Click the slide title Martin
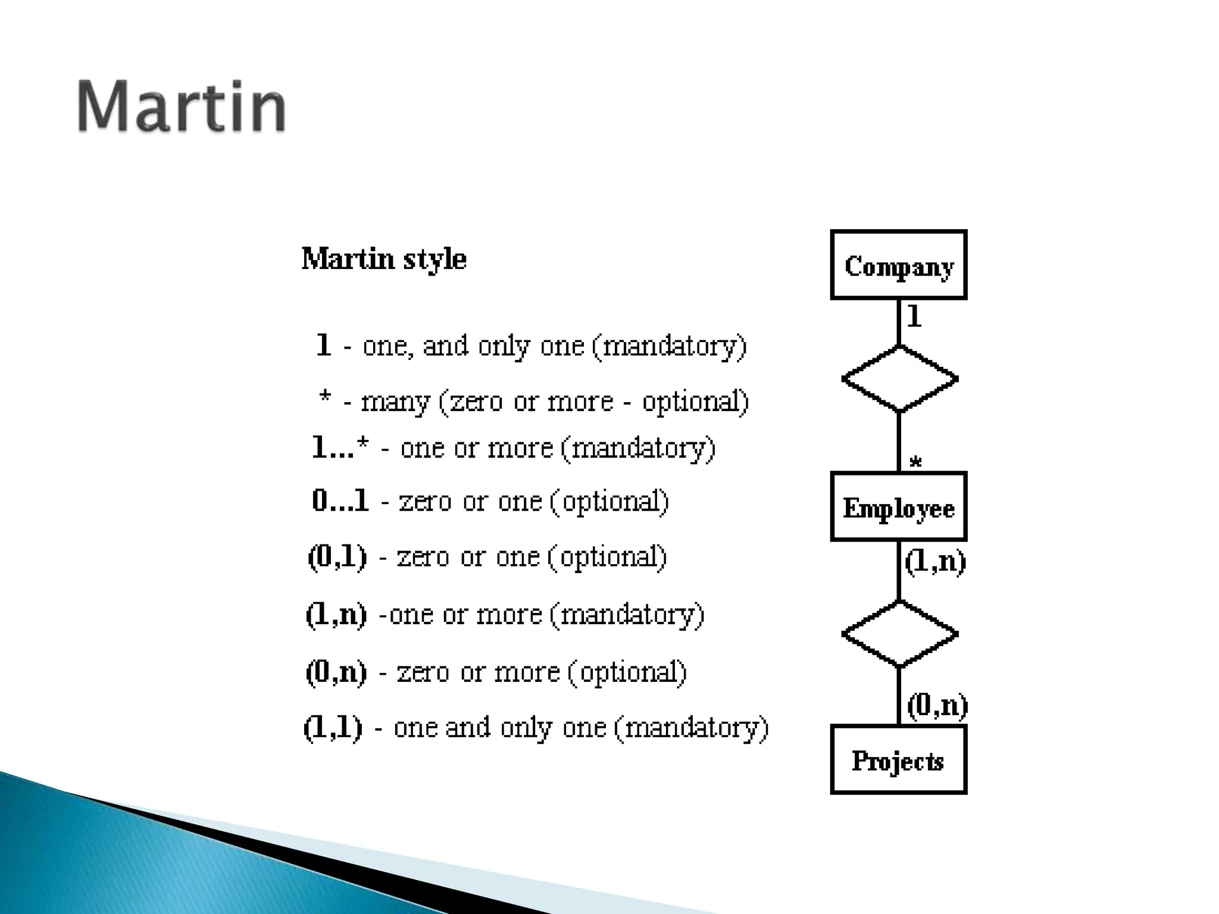tap(182, 107)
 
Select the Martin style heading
tap(384, 259)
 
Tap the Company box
tap(898, 265)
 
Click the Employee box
tap(898, 507)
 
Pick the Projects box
tap(898, 760)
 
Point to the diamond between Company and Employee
tap(899, 379)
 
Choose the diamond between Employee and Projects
tap(899, 634)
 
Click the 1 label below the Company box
tap(914, 316)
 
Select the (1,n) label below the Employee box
tap(935, 561)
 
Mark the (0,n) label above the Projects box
tap(937, 706)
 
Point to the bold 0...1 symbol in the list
tap(340, 501)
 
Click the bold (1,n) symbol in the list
tap(336, 614)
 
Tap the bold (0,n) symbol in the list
tap(336, 672)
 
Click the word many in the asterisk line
tap(395, 402)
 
